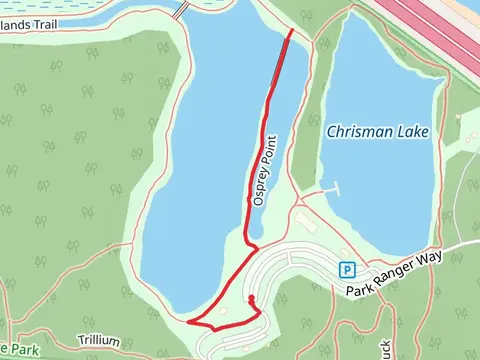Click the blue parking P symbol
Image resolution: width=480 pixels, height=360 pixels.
(x=346, y=269)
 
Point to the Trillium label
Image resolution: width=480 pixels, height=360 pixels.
(x=102, y=341)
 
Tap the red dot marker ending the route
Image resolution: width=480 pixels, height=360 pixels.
(x=251, y=299)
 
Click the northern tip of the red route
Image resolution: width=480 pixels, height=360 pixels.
(x=291, y=33)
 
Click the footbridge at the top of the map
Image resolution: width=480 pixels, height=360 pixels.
(x=181, y=9)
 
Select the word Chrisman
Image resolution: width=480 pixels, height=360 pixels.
(x=357, y=131)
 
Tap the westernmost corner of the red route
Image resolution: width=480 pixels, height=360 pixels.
(x=187, y=322)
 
